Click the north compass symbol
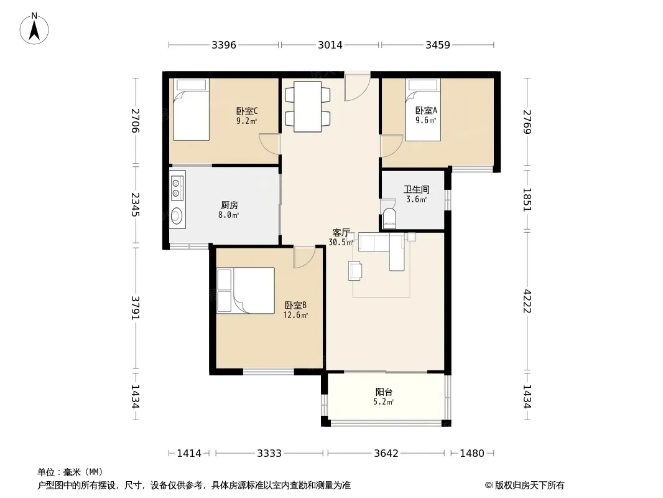pyautogui.click(x=34, y=29)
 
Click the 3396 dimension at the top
pyautogui.click(x=224, y=45)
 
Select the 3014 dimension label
pyautogui.click(x=330, y=45)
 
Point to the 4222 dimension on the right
pyautogui.click(x=527, y=301)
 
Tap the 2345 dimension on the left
pyautogui.click(x=136, y=205)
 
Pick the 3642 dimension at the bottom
pyautogui.click(x=386, y=454)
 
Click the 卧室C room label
pyautogui.click(x=247, y=111)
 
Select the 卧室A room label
pyautogui.click(x=426, y=110)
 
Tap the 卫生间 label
pyautogui.click(x=417, y=190)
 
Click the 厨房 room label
pyautogui.click(x=229, y=205)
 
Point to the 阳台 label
pyautogui.click(x=384, y=392)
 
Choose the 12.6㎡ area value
pyautogui.click(x=295, y=315)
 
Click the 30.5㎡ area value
pyautogui.click(x=341, y=242)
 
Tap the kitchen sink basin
pyautogui.click(x=177, y=216)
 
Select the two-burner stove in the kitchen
pyautogui.click(x=177, y=186)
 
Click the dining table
pyautogui.click(x=307, y=106)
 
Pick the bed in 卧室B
pyautogui.click(x=246, y=290)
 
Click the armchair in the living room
pyautogui.click(x=355, y=271)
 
